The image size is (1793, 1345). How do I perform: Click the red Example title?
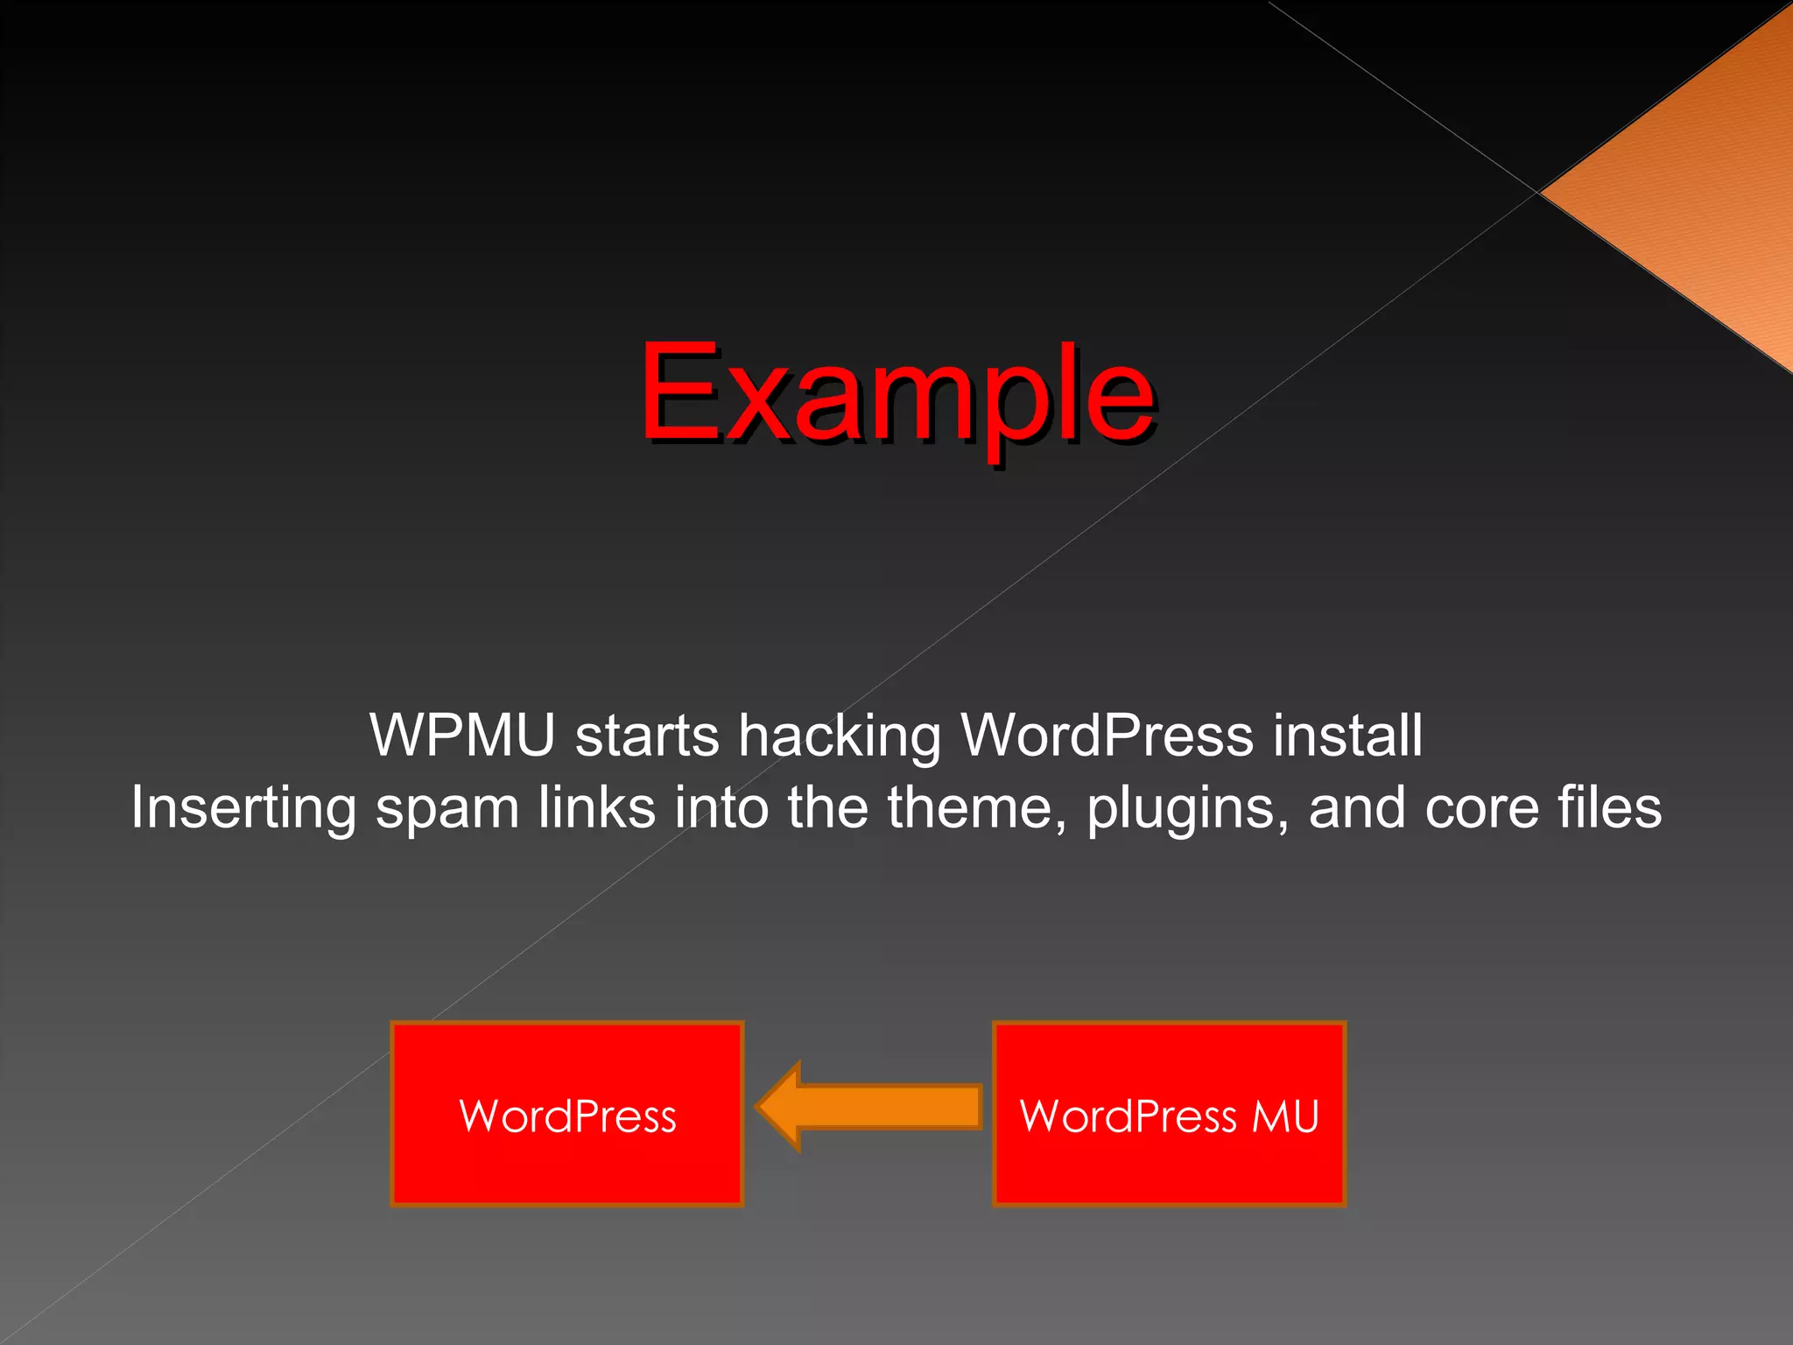coord(897,394)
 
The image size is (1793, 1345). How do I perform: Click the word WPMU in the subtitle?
coord(462,735)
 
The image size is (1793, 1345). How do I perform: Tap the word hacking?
coord(840,736)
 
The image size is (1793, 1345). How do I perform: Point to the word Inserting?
coord(243,808)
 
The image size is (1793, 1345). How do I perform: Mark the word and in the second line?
coord(1356,806)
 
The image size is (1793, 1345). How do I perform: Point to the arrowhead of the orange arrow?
coord(779,1106)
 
